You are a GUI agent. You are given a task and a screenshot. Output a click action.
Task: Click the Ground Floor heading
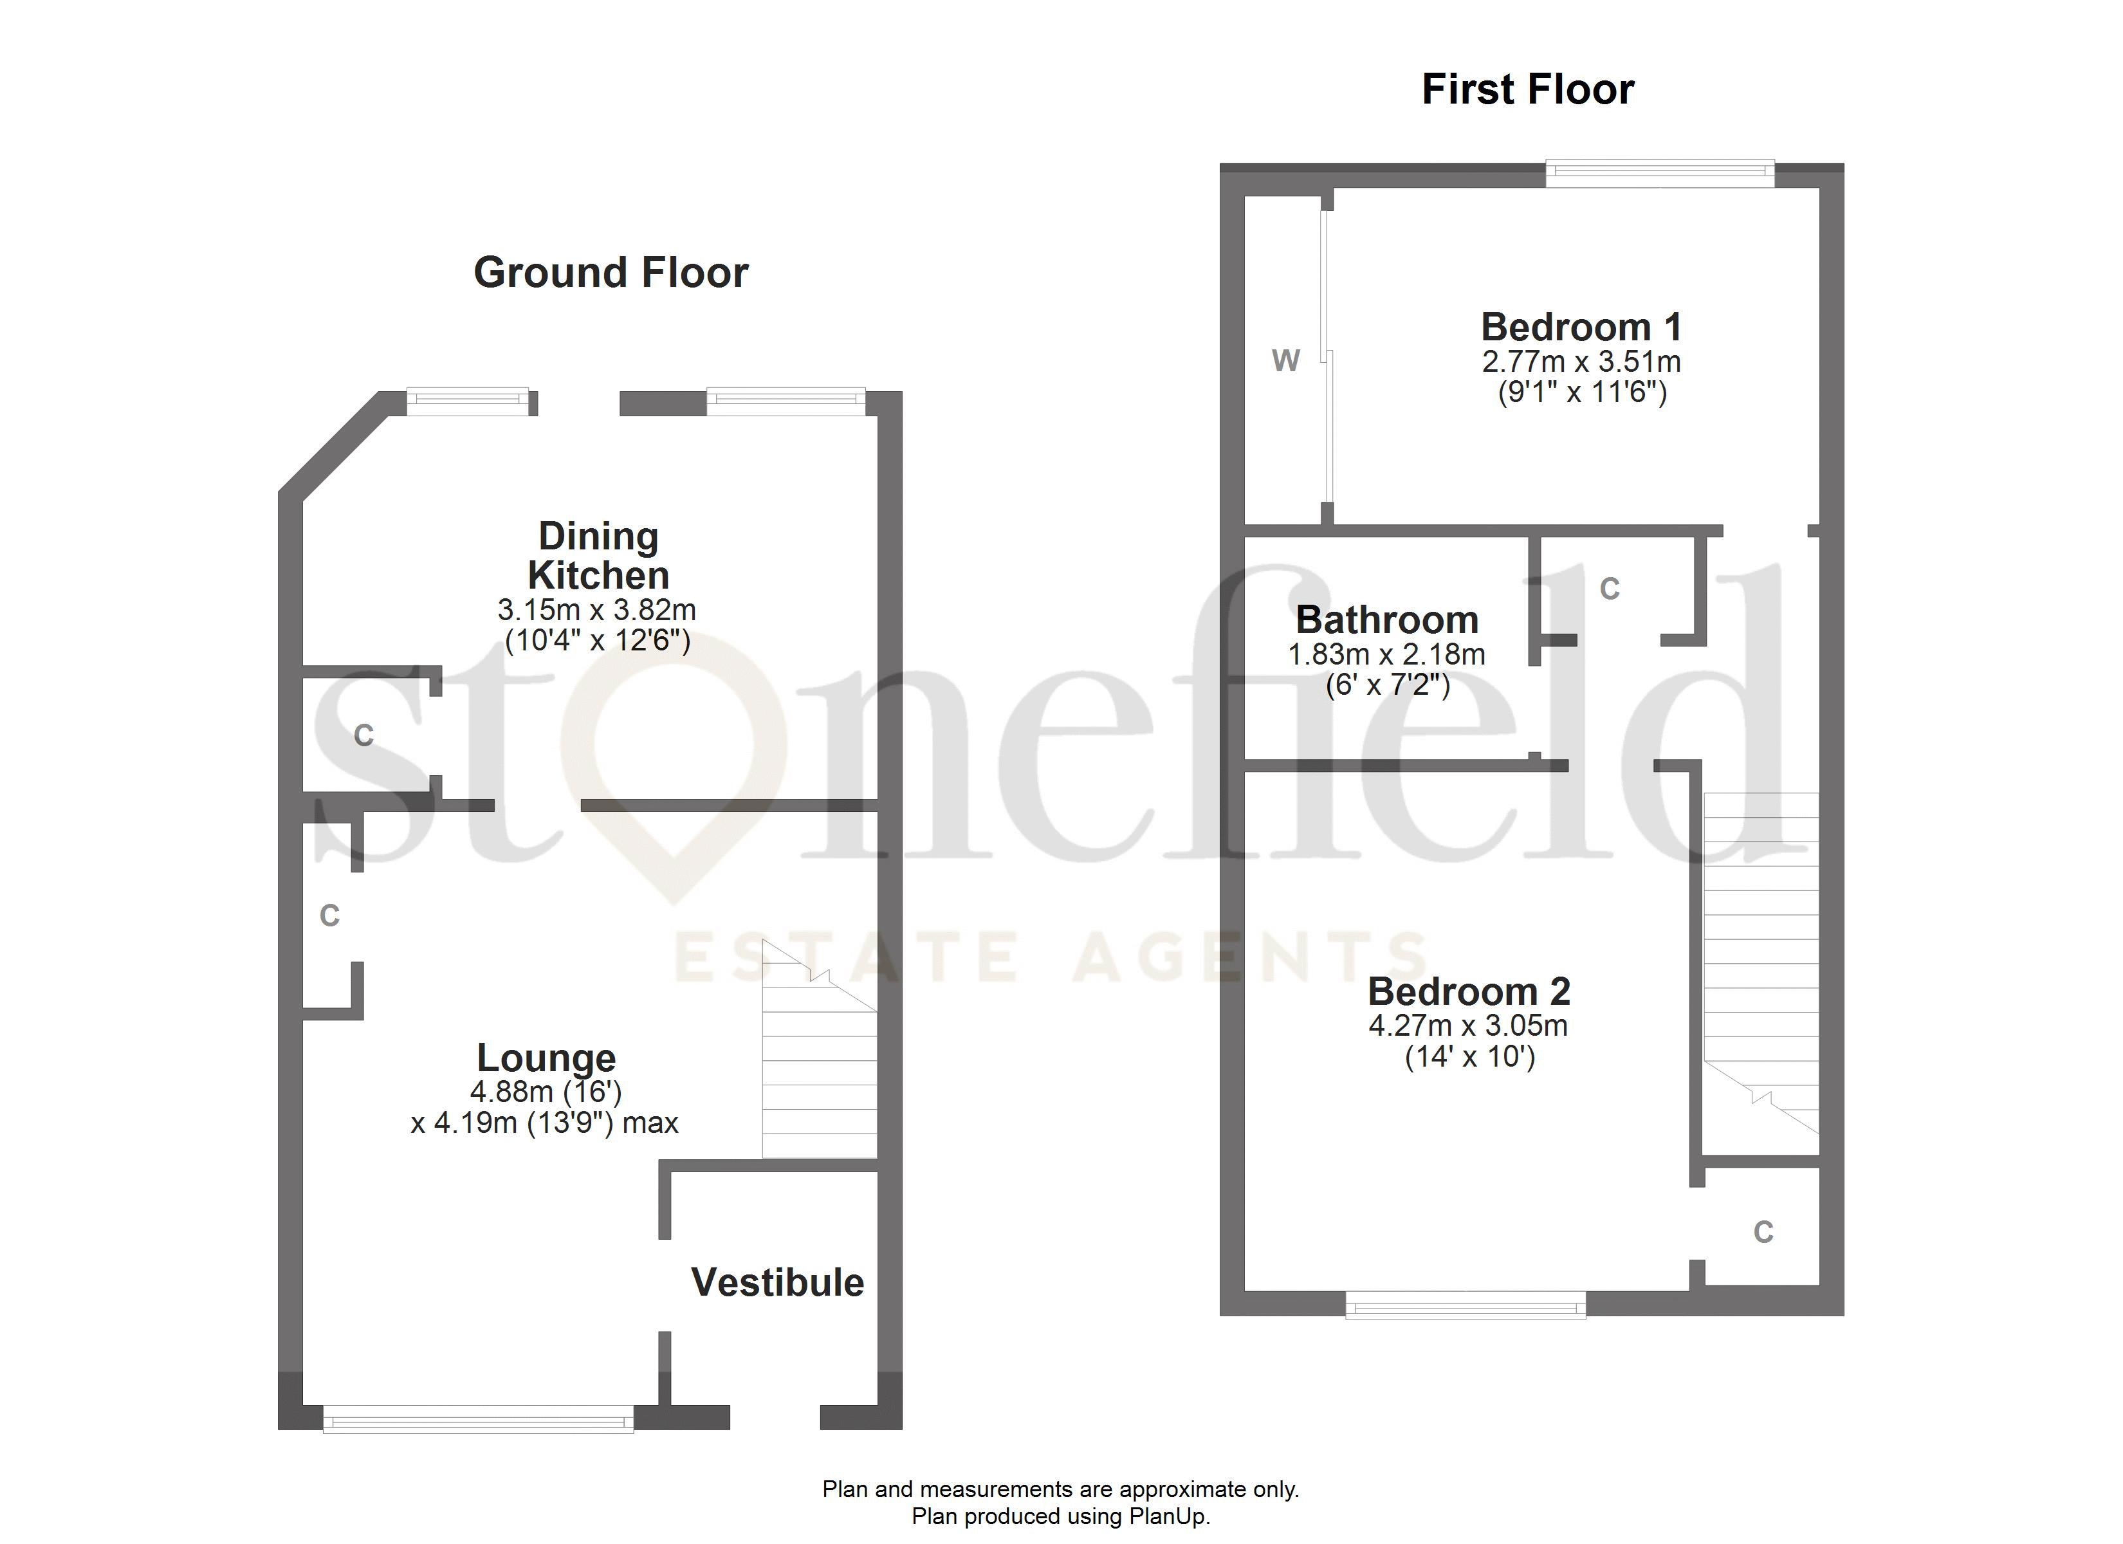611,273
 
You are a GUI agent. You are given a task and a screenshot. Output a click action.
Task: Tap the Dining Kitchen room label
598,555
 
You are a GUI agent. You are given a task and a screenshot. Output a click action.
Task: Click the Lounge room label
547,1058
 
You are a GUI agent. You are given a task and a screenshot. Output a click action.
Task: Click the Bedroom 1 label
1581,327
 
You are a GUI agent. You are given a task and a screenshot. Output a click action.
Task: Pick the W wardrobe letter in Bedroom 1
1285,360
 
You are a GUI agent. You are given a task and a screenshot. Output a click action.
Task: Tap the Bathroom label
1386,620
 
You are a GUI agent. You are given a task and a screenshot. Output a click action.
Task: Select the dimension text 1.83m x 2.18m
1386,654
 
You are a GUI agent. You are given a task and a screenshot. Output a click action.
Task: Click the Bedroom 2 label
1469,991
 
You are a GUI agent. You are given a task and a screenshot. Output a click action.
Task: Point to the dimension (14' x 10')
1469,1057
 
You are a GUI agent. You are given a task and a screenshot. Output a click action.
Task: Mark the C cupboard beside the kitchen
364,736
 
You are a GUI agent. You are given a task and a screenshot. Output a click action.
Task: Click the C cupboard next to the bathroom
1609,589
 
